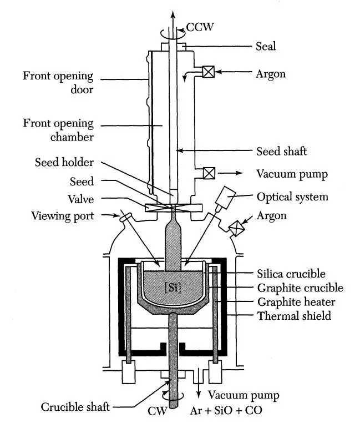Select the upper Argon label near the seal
(x=271, y=73)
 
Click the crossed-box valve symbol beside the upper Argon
(x=208, y=72)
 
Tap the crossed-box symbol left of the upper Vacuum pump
(x=209, y=173)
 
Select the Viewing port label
(x=62, y=215)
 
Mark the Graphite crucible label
(x=293, y=288)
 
